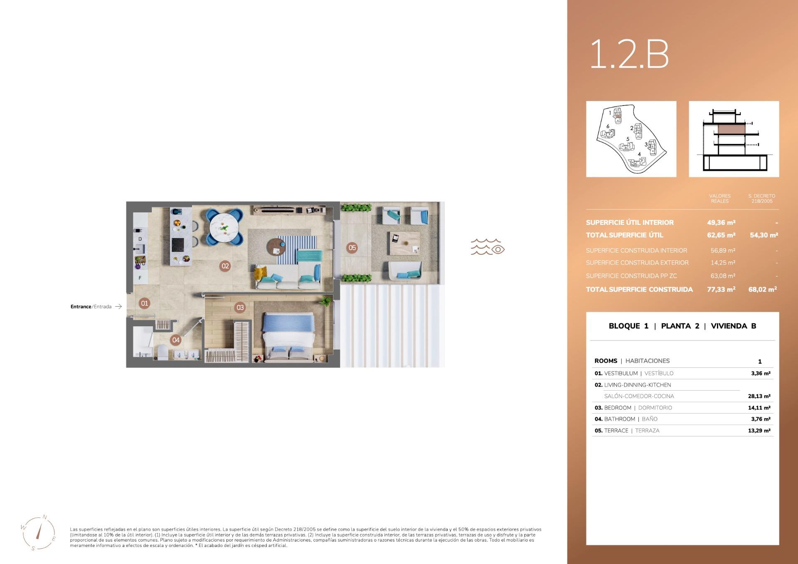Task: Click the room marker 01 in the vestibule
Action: pos(144,303)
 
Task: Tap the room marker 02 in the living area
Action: pos(225,266)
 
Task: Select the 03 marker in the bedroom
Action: pos(240,308)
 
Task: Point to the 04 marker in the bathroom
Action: pos(176,340)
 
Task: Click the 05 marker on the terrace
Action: pos(352,248)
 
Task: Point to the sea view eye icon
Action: pos(498,249)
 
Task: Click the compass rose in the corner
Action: pos(38,533)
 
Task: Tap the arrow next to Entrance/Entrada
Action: pos(118,307)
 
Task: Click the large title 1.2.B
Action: pos(629,54)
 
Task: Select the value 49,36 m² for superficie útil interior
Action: pos(721,223)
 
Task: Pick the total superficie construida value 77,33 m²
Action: pos(721,289)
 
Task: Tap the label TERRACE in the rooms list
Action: pos(616,431)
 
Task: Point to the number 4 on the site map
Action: pos(639,154)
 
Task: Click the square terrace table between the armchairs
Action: pos(405,244)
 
